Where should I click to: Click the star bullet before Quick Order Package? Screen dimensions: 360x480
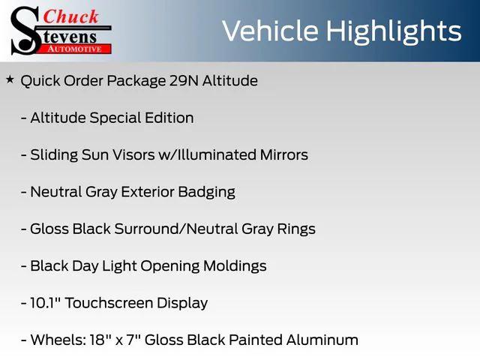click(10, 79)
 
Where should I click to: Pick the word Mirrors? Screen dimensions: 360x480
click(279, 154)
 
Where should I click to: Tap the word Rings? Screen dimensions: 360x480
click(297, 229)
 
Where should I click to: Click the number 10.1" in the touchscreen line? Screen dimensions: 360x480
click(46, 303)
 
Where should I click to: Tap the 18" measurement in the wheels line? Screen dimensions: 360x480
click(94, 340)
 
